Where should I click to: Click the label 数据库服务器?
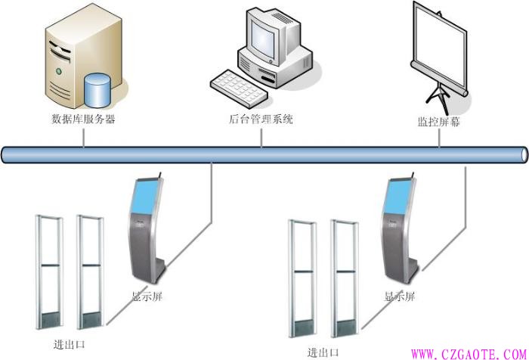tap(83, 119)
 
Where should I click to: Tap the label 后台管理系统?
tap(261, 119)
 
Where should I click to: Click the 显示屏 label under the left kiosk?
tap(147, 296)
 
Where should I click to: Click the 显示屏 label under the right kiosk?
tap(400, 296)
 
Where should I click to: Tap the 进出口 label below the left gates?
tap(69, 344)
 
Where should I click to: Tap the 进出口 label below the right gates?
tap(323, 352)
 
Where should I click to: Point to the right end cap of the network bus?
tap(524, 154)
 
